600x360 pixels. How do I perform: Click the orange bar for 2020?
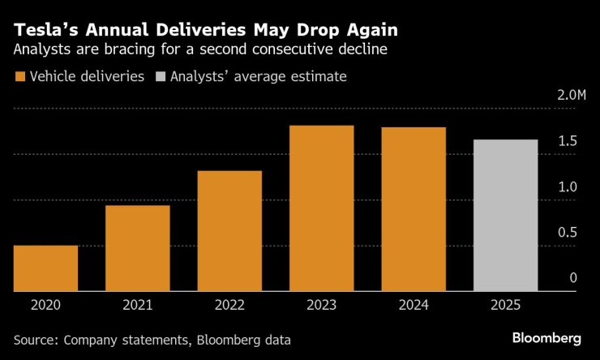click(x=45, y=268)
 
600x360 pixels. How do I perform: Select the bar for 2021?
click(x=137, y=248)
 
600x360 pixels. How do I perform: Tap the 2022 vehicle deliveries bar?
click(x=229, y=231)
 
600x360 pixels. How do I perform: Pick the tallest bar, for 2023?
click(x=321, y=208)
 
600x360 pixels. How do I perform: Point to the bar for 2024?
click(x=414, y=209)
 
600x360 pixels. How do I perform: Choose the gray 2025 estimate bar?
click(x=505, y=215)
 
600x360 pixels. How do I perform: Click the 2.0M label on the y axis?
click(x=571, y=96)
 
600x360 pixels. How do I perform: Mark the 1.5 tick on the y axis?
click(x=568, y=142)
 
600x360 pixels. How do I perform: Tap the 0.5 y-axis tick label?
click(x=568, y=233)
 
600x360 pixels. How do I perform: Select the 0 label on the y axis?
click(x=573, y=278)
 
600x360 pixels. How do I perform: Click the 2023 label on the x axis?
click(x=321, y=306)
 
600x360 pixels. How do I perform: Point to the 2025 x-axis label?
click(x=505, y=306)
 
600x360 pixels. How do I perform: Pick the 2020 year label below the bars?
click(x=45, y=306)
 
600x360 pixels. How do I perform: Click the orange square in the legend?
click(x=19, y=77)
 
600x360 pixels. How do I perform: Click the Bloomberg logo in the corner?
click(x=546, y=337)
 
